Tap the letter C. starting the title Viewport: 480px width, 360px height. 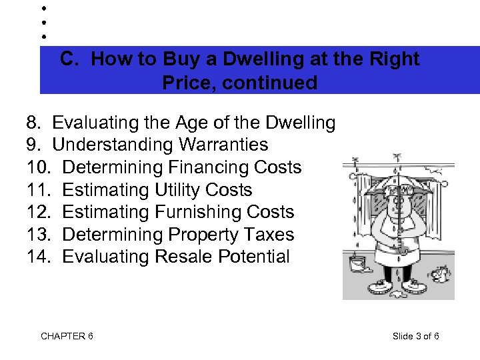pyautogui.click(x=70, y=59)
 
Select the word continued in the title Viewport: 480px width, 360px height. pyautogui.click(x=274, y=83)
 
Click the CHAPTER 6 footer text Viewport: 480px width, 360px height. pyautogui.click(x=67, y=336)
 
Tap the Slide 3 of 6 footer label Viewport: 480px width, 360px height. pyautogui.click(x=416, y=336)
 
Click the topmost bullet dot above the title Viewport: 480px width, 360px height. pyautogui.click(x=43, y=9)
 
